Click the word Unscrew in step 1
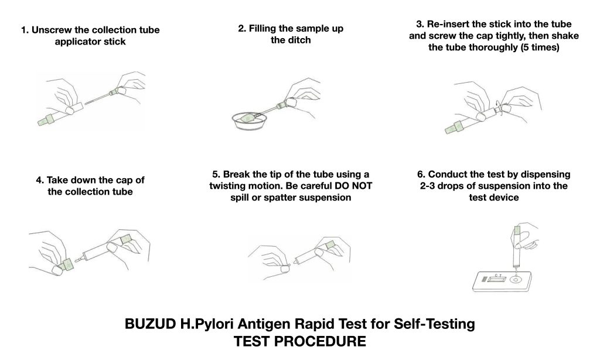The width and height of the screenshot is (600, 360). click(x=53, y=30)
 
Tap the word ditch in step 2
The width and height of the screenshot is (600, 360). click(x=299, y=40)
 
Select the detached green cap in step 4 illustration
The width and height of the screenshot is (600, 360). click(x=67, y=266)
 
